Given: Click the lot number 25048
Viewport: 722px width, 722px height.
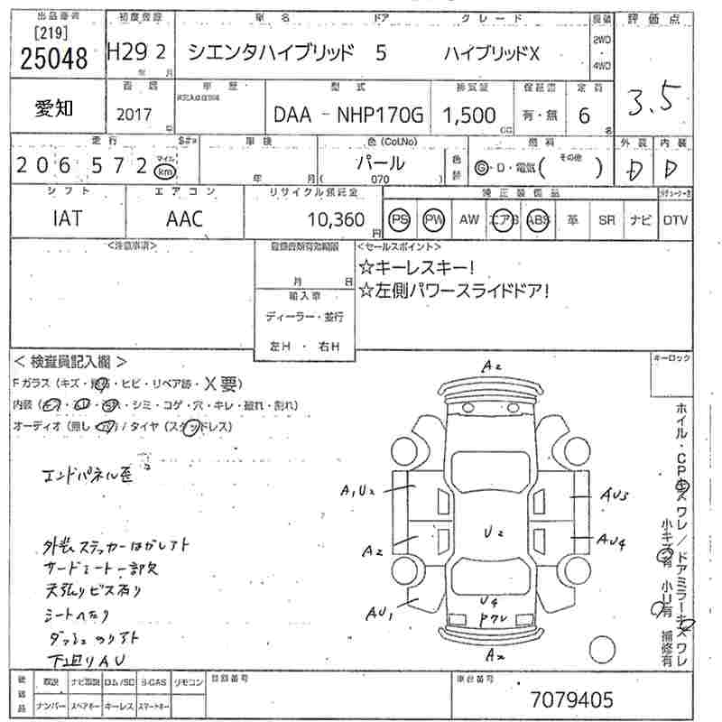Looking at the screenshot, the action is pyautogui.click(x=53, y=57).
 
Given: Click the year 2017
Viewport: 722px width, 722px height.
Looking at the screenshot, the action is pyautogui.click(x=134, y=115).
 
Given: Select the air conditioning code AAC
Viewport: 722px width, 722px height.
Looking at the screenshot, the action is pyautogui.click(x=184, y=218).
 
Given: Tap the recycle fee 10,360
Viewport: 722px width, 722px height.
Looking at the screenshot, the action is pyautogui.click(x=335, y=219).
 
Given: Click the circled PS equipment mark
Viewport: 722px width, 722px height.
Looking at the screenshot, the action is pyautogui.click(x=399, y=219).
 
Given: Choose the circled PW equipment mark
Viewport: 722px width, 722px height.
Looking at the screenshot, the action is pyautogui.click(x=434, y=219).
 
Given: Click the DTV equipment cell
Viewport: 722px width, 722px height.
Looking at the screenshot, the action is pyautogui.click(x=675, y=219).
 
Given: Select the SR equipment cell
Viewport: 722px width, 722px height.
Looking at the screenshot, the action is pyautogui.click(x=606, y=219).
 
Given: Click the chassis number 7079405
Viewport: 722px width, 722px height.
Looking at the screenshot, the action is pyautogui.click(x=571, y=699).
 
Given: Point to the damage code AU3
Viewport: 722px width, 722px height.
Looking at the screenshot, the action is pyautogui.click(x=616, y=495).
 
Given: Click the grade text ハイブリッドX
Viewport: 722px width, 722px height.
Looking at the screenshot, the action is pyautogui.click(x=491, y=53).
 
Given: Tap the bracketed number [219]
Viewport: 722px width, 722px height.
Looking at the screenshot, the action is pyautogui.click(x=34, y=33).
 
